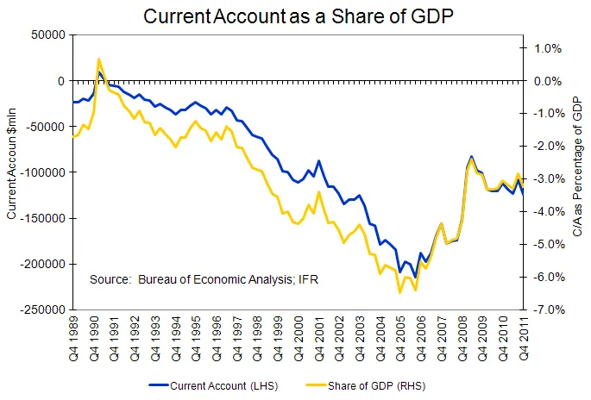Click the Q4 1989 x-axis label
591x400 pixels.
(77, 337)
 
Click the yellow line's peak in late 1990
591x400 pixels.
(99, 59)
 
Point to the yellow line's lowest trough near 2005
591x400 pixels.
(399, 293)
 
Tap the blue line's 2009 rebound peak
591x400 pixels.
(471, 157)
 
